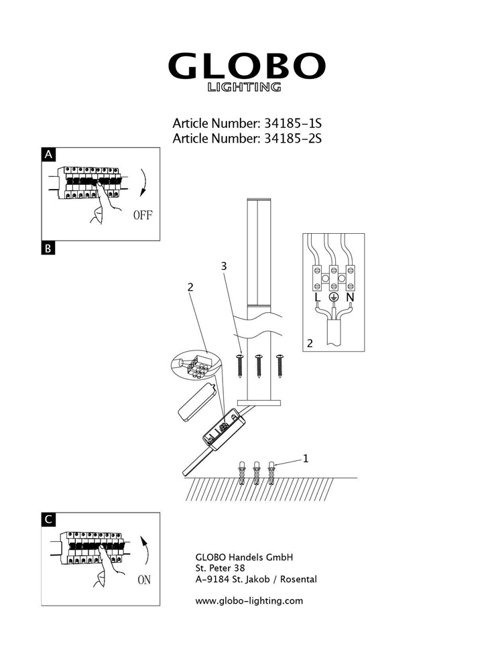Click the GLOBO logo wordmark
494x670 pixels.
click(246, 66)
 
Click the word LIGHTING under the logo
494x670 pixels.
click(243, 87)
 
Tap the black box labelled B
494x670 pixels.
click(48, 248)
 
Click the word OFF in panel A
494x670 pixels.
click(143, 215)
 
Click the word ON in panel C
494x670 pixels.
click(143, 580)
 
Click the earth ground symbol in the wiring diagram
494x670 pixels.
click(333, 297)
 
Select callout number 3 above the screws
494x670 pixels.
click(225, 267)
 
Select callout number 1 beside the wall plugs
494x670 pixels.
click(306, 458)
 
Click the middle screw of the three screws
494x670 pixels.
click(259, 364)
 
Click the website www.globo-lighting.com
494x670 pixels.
click(249, 600)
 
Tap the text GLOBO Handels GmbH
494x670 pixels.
click(244, 556)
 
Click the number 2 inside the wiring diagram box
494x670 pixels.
click(310, 344)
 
